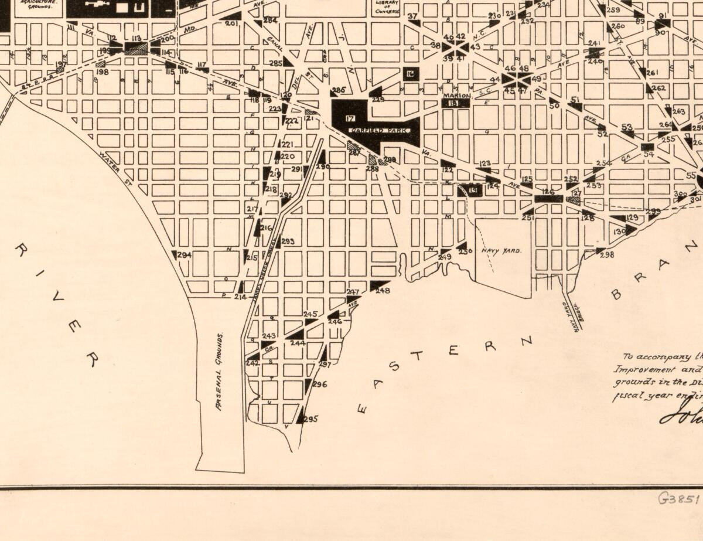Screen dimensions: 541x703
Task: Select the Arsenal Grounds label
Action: point(220,372)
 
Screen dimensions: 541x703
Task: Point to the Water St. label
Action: point(110,163)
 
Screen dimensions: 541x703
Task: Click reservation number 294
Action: point(184,256)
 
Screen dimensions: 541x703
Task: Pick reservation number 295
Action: point(310,419)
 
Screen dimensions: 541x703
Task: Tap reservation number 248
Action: point(383,290)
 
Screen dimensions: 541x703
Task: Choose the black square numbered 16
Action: point(410,73)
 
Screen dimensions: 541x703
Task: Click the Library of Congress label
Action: point(387,6)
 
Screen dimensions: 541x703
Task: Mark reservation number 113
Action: point(136,39)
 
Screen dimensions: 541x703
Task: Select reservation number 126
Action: point(548,192)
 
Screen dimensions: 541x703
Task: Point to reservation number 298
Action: point(607,254)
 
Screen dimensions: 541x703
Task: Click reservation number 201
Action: point(231,23)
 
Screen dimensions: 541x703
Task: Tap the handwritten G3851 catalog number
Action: point(680,499)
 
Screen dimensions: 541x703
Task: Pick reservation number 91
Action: point(663,16)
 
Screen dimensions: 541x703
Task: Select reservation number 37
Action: point(412,16)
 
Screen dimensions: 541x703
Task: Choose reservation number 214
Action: point(240,297)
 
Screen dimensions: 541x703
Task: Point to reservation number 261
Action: point(652,73)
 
